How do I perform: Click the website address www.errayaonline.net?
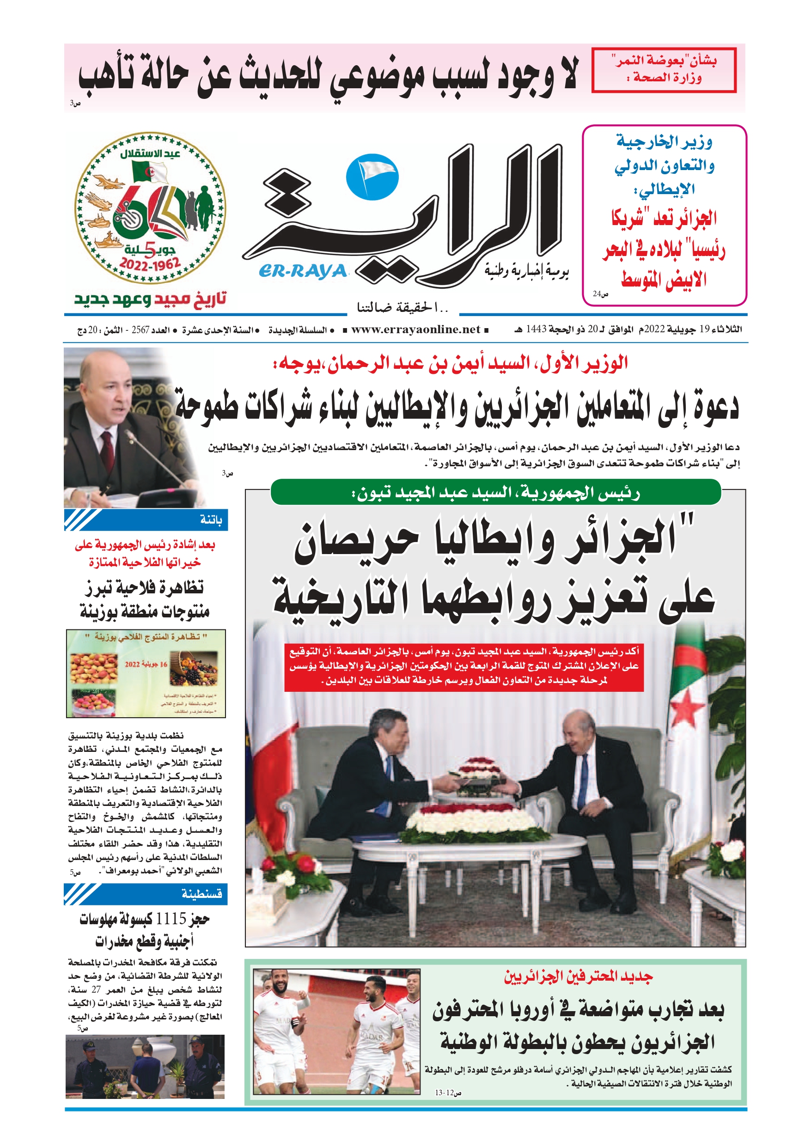pos(415,329)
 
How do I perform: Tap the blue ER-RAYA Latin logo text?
pos(303,271)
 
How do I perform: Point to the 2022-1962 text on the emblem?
pos(149,264)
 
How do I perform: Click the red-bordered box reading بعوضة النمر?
pos(664,70)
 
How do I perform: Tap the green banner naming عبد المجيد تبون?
pos(495,493)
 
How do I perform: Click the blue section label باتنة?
pos(211,520)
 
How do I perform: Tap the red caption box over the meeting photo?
pos(463,666)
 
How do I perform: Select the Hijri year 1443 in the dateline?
pos(536,329)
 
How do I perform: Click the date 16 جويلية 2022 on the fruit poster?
pos(146,665)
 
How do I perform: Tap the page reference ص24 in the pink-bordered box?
pos(600,294)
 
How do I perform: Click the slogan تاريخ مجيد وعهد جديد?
pos(150,299)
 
